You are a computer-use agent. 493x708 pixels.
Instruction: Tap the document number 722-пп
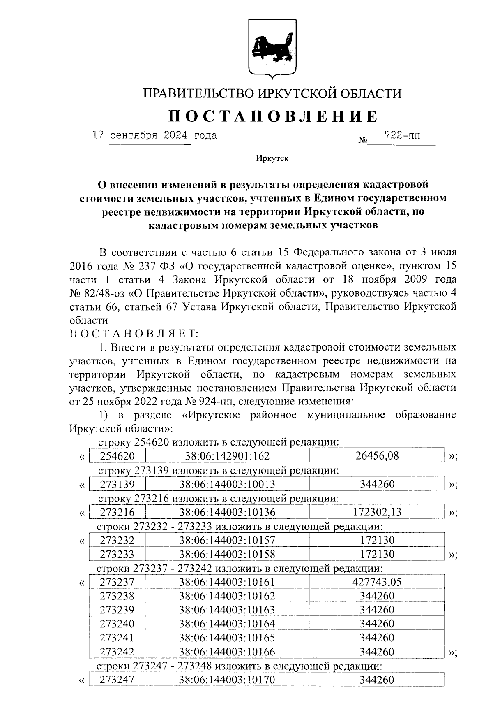[402, 135]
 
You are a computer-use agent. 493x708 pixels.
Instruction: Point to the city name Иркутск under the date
[272, 158]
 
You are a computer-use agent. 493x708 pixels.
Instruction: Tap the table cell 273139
[117, 484]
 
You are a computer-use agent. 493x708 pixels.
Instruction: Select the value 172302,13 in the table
[377, 512]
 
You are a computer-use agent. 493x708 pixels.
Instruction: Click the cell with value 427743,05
[377, 582]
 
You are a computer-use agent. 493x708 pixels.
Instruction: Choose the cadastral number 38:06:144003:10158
[227, 554]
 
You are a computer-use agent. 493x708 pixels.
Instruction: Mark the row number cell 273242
[117, 652]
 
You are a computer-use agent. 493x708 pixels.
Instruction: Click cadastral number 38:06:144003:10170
[227, 680]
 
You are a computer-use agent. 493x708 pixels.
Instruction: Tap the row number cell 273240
[117, 624]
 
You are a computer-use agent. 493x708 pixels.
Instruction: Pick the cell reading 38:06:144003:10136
[227, 512]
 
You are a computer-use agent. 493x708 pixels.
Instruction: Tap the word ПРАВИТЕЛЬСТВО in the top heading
[198, 94]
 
